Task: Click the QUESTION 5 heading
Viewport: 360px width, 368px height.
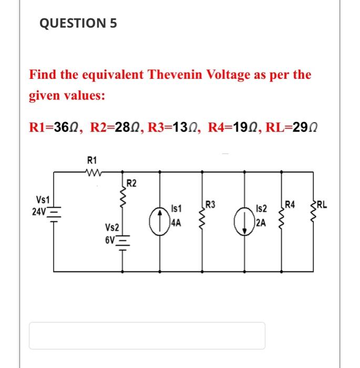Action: coord(78,24)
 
